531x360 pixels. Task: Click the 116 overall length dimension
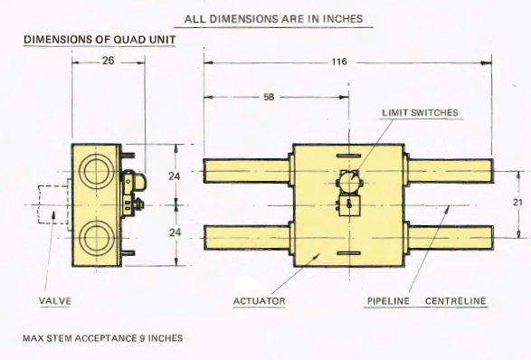[x=339, y=62]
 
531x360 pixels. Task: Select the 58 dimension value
[x=269, y=97]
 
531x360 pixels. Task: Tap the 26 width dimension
[x=108, y=61]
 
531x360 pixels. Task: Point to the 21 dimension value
[x=517, y=203]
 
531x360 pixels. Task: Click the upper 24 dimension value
[x=175, y=176]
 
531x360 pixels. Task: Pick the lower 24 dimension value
[x=175, y=232]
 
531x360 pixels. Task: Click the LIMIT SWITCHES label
[x=420, y=113]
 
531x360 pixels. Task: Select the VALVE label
[x=55, y=301]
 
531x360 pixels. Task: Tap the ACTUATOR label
[x=260, y=301]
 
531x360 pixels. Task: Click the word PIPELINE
[x=388, y=301]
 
